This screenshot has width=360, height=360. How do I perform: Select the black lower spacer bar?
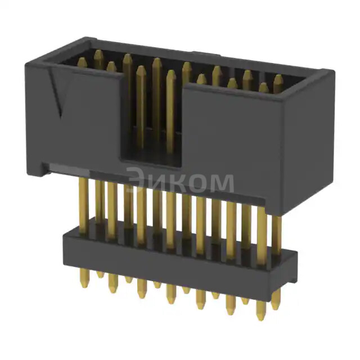tap(169, 253)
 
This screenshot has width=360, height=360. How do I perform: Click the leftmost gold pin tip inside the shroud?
tap(82, 61)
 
